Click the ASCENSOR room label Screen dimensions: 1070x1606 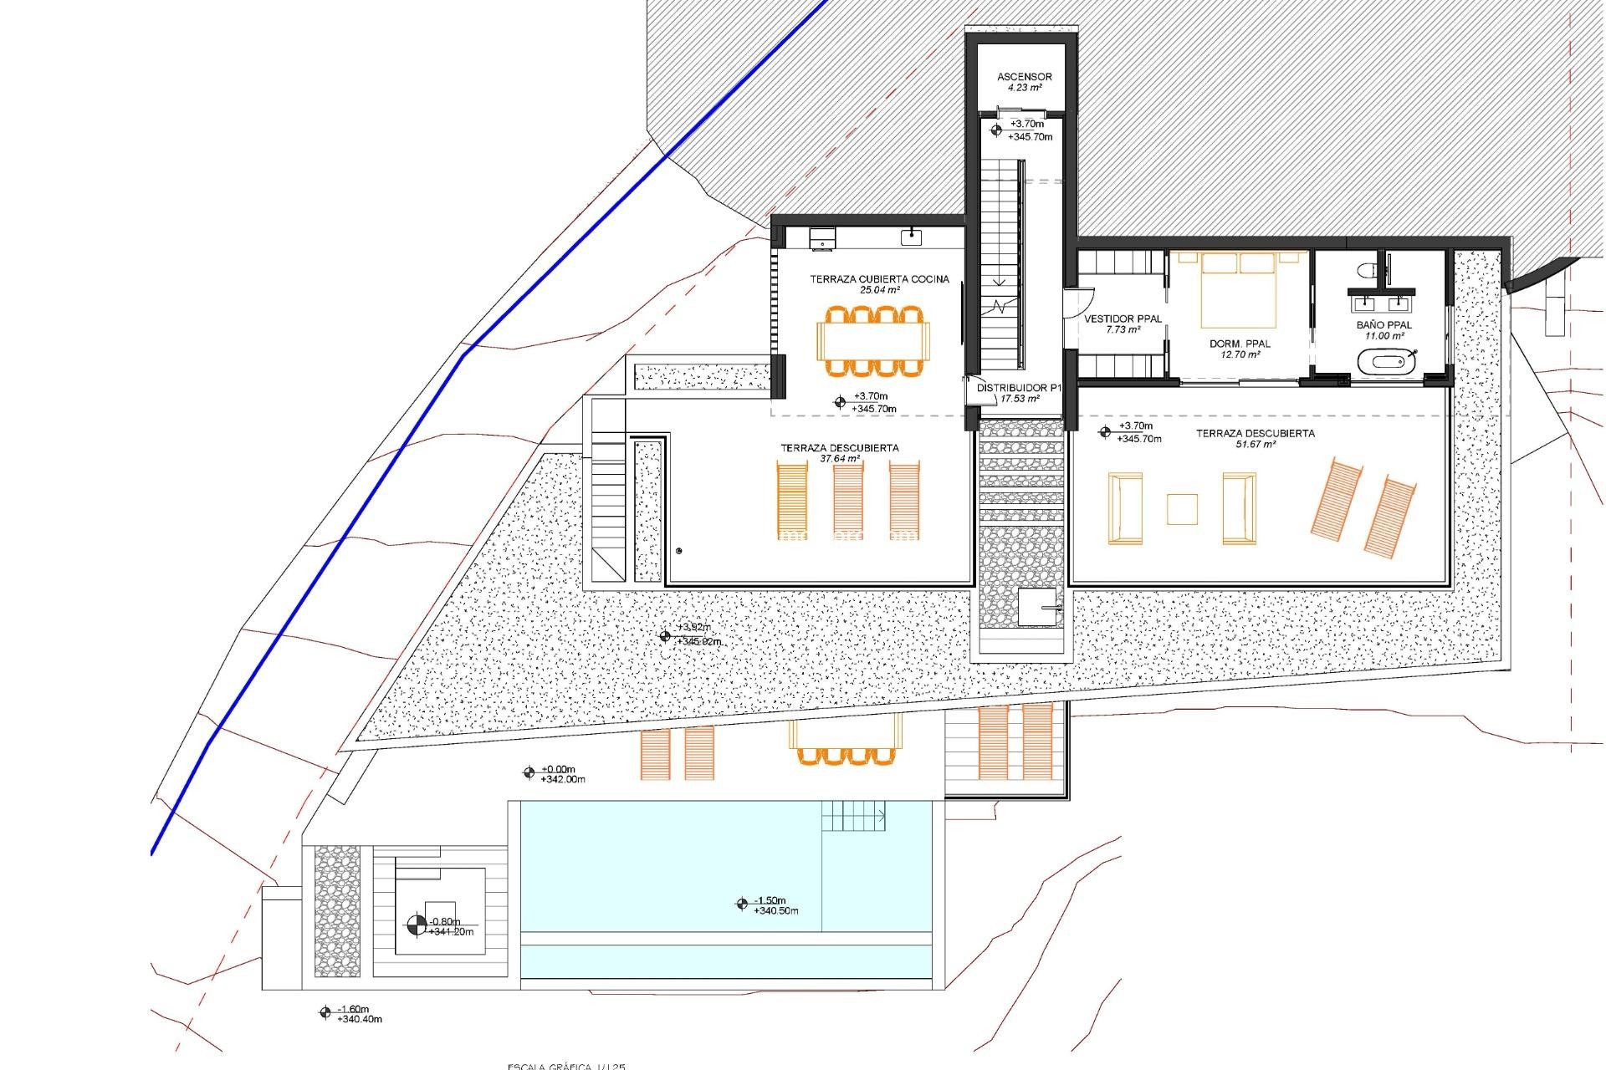point(1024,77)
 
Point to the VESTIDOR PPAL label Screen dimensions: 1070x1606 point(1123,318)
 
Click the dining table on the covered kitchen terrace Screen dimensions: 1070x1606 point(873,341)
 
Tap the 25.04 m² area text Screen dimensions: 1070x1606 point(879,291)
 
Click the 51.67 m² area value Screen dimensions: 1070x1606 point(1255,445)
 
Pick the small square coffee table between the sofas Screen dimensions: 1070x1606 point(1182,508)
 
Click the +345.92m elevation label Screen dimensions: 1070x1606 point(698,642)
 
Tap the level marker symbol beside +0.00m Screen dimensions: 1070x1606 point(529,773)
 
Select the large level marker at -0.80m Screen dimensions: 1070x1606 point(416,925)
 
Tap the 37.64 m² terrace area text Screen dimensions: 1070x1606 point(839,459)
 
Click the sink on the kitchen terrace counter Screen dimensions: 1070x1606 point(911,237)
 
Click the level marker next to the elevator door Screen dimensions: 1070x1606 point(996,130)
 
